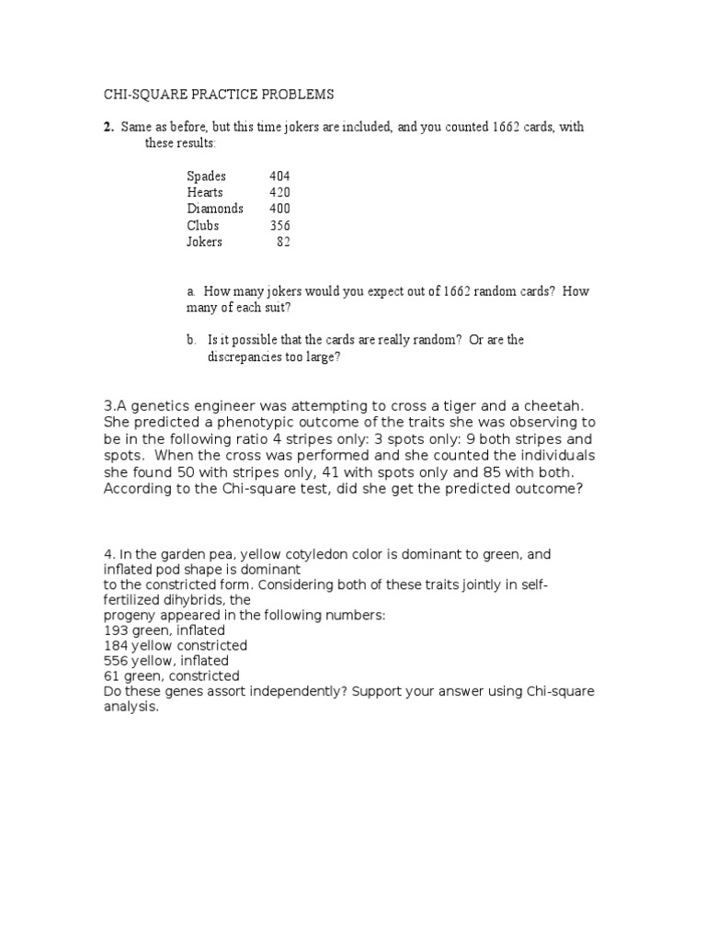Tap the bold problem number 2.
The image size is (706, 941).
108,128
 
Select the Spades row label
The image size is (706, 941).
206,176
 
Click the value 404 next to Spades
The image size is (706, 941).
279,176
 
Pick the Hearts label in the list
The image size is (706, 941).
205,192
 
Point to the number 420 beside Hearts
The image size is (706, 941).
279,192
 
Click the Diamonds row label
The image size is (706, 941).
215,209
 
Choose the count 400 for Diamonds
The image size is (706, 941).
279,209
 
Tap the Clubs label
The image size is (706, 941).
202,225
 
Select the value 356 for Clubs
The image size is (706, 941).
279,225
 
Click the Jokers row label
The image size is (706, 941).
204,242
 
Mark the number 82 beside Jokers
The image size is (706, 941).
283,242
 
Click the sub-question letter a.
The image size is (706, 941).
190,291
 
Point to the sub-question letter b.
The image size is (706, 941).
190,340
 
